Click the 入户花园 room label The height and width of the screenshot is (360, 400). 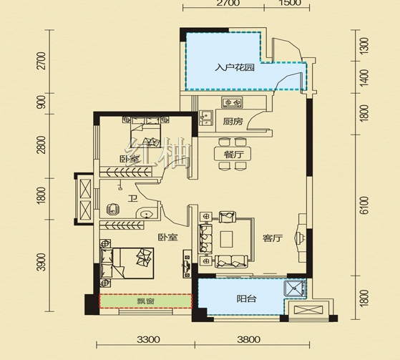(235, 68)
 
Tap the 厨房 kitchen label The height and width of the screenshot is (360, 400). (233, 122)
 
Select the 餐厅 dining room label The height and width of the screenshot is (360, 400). (233, 154)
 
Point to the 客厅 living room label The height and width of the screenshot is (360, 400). (273, 238)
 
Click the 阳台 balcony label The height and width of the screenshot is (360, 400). (246, 298)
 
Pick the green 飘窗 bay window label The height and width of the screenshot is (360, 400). (145, 301)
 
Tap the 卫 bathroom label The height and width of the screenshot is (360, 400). (132, 199)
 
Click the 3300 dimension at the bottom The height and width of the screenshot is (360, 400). (148, 339)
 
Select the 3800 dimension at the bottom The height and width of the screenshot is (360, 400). (249, 339)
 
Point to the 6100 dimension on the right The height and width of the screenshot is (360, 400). (365, 205)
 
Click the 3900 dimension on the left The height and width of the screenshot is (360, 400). (41, 262)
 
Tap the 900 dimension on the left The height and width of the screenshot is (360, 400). (41, 102)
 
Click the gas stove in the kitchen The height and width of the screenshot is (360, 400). (232, 102)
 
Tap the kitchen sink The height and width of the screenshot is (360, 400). (205, 117)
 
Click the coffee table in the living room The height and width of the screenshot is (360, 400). (227, 239)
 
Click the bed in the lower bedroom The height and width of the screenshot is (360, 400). (127, 263)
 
